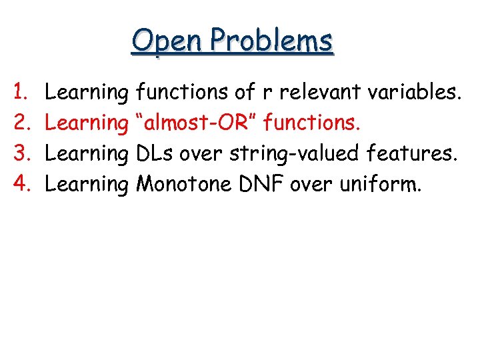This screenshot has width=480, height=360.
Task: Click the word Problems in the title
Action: [270, 41]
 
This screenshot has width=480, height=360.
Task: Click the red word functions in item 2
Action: [312, 123]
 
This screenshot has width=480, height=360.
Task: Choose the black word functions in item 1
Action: [181, 93]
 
